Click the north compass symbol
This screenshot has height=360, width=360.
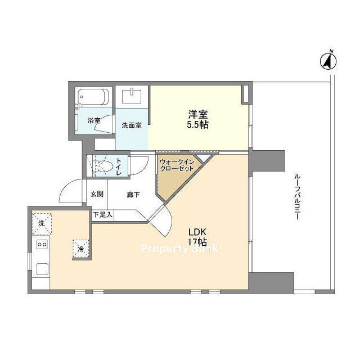click(328, 60)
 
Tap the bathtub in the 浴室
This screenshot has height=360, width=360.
click(93, 97)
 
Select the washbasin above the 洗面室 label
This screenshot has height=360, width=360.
click(132, 96)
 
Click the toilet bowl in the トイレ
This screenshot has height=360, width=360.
click(103, 165)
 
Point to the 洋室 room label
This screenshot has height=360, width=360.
click(198, 114)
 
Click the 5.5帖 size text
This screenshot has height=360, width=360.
click(197, 125)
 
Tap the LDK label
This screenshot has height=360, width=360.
click(197, 232)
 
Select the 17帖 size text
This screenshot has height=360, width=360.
click(197, 242)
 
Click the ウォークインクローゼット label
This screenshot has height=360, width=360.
click(177, 165)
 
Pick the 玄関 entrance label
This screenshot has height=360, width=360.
click(97, 194)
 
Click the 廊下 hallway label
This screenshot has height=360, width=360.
click(133, 195)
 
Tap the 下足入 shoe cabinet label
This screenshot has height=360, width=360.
click(102, 215)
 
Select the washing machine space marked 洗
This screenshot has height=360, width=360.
click(42, 224)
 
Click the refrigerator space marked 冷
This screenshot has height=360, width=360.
click(81, 249)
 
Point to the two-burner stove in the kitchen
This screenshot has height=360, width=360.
click(42, 244)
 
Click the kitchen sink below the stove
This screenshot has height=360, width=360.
click(43, 269)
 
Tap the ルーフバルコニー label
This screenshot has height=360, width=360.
click(296, 196)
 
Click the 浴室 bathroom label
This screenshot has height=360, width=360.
click(94, 120)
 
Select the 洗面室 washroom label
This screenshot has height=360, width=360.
click(132, 125)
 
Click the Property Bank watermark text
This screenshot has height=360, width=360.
click(180, 249)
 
